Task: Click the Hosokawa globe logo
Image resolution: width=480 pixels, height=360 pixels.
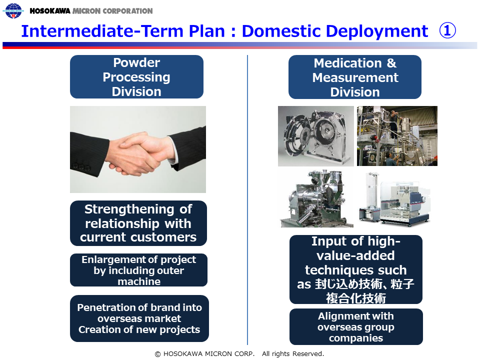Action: pyautogui.click(x=13, y=10)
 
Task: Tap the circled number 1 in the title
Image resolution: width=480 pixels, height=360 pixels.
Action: pyautogui.click(x=447, y=31)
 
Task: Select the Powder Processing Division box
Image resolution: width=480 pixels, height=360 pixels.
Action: pyautogui.click(x=136, y=77)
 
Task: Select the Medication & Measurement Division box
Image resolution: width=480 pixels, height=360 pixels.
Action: pyautogui.click(x=355, y=77)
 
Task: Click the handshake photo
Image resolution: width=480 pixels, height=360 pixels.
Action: pyautogui.click(x=138, y=149)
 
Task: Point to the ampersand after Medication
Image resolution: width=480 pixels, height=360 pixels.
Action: pyautogui.click(x=391, y=63)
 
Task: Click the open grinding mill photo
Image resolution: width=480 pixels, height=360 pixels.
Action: pyautogui.click(x=315, y=136)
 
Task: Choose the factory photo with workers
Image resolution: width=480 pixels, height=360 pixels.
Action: pyautogui.click(x=397, y=136)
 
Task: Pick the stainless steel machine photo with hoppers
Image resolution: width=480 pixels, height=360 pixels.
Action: pyautogui.click(x=316, y=198)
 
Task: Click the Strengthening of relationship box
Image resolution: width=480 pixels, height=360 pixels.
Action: pyautogui.click(x=138, y=223)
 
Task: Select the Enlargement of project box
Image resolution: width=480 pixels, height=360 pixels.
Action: pyautogui.click(x=138, y=270)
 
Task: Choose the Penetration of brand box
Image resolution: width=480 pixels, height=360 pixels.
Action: pyautogui.click(x=139, y=318)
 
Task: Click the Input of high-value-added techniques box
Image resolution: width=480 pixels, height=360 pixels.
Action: pyautogui.click(x=355, y=269)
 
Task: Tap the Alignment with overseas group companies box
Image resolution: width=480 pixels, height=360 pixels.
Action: pyautogui.click(x=356, y=326)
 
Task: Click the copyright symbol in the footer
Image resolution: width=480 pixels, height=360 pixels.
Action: pyautogui.click(x=157, y=354)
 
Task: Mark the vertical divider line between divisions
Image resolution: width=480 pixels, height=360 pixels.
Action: pyautogui.click(x=247, y=200)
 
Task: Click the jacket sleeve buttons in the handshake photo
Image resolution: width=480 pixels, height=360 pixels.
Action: pyautogui.click(x=81, y=167)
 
